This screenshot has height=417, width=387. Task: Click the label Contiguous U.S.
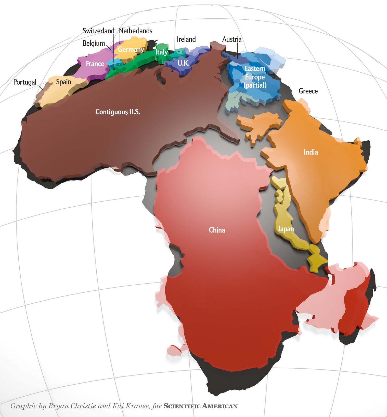tap(118, 112)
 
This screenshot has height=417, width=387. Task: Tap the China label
tap(217, 230)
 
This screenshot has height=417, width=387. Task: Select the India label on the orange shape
tap(311, 152)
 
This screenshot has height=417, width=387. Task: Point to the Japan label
tap(286, 229)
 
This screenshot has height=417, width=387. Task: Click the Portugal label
tap(25, 82)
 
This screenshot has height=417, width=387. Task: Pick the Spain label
tap(63, 82)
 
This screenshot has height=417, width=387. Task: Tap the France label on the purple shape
tap(95, 64)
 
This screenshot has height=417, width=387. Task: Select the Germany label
tap(131, 49)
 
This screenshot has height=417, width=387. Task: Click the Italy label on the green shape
tap(162, 52)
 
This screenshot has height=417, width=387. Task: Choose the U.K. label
tap(184, 63)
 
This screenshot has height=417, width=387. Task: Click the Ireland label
tap(186, 39)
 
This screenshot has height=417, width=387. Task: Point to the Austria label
tap(232, 39)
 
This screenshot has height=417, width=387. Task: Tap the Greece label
tap(308, 91)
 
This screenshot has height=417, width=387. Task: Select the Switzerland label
tap(98, 31)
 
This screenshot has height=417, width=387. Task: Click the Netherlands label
tap(136, 31)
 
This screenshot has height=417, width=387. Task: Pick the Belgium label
tap(94, 43)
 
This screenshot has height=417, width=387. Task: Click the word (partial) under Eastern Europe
tap(255, 85)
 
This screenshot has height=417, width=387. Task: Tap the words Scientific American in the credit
tap(200, 406)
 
